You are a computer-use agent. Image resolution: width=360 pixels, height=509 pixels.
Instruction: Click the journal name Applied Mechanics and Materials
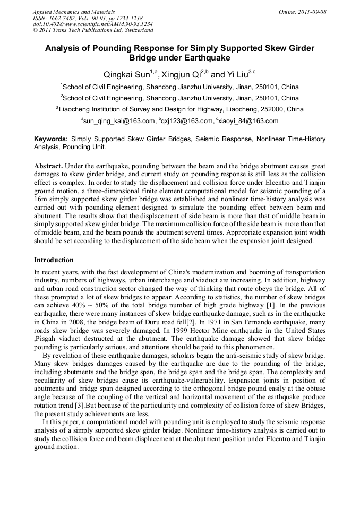coord(74,12)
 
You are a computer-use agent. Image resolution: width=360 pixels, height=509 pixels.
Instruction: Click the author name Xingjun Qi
coord(183,74)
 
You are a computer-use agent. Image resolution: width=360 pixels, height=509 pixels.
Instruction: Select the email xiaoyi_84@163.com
coord(248,121)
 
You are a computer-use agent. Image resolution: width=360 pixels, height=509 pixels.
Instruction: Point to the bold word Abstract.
coord(48,166)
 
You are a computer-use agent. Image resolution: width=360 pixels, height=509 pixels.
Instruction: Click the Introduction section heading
coord(54,260)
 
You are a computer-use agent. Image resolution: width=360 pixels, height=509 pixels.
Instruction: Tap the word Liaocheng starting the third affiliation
coord(75,109)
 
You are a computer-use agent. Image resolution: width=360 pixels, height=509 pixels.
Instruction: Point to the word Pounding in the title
coord(106,48)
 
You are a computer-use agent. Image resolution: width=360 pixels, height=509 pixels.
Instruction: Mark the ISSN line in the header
coord(88,18)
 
